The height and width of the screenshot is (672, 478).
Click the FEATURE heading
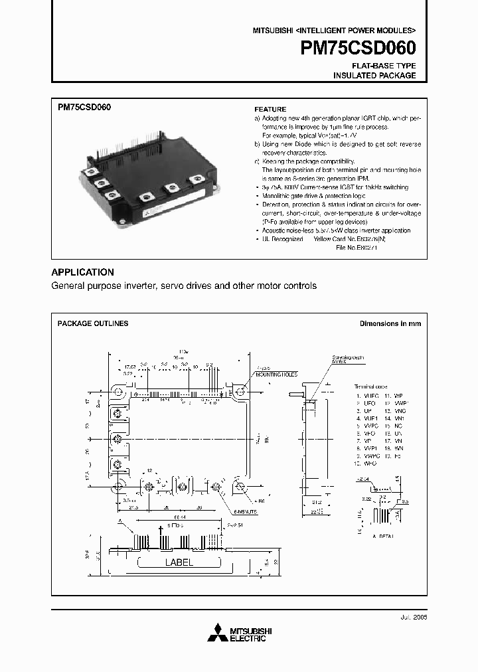(x=270, y=109)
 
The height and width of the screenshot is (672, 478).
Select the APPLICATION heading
(x=82, y=272)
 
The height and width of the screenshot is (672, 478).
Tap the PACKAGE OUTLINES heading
(x=93, y=323)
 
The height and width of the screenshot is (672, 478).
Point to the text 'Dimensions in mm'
(x=390, y=323)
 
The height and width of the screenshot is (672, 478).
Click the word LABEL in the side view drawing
(x=179, y=562)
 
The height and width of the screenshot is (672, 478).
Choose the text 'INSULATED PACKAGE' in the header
(x=374, y=76)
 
